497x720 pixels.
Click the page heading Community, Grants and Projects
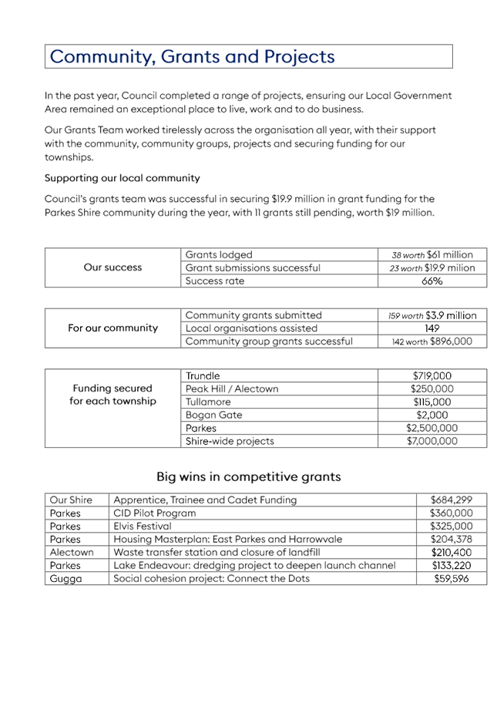coord(193,57)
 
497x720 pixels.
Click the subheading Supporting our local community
coord(123,178)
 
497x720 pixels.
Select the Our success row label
coord(113,267)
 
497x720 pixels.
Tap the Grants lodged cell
coord(219,254)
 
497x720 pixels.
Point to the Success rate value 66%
coord(432,281)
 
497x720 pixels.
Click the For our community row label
coord(113,328)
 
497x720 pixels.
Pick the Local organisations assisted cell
coord(250,328)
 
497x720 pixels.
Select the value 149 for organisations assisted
coord(432,328)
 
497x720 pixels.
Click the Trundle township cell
coord(203,376)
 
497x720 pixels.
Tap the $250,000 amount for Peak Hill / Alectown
coord(432,389)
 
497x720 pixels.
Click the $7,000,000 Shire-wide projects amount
coord(432,442)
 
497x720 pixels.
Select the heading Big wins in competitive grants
coord(248,477)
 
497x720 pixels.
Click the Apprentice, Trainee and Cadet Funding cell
coord(205,500)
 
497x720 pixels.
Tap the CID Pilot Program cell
coord(155,513)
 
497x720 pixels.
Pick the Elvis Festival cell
coord(143,527)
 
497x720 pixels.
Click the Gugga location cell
coord(65,579)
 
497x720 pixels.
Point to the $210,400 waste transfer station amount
coord(452,553)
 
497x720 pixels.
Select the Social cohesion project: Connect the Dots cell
coord(211,579)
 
